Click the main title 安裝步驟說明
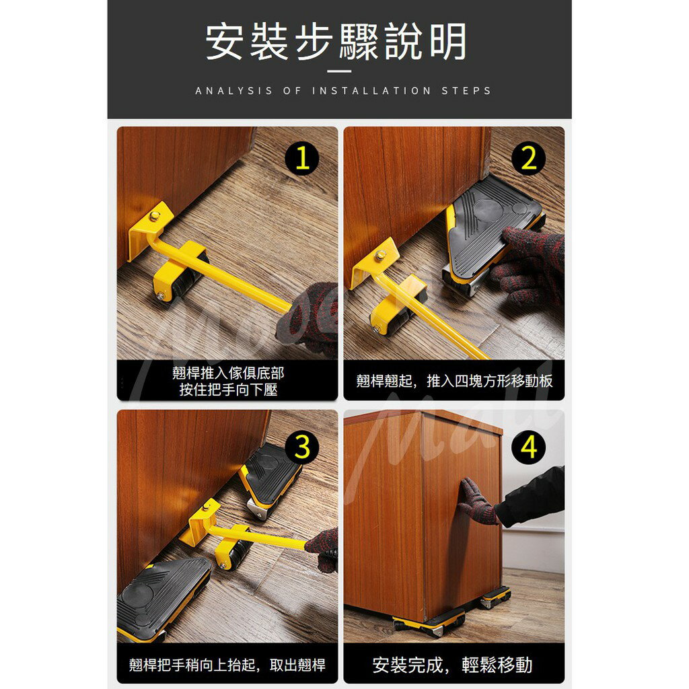pos(336,42)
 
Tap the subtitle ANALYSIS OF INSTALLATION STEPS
pos(343,90)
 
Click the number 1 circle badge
pos(302,159)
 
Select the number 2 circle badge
pos(528,159)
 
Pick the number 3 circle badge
pos(302,447)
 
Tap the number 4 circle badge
pos(528,447)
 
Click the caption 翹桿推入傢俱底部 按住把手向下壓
pos(227,381)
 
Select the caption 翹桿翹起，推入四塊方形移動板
pos(454,381)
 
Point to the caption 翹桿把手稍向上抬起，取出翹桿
pos(227,665)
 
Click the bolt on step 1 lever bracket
pos(155,216)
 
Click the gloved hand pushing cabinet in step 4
pos(476,501)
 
